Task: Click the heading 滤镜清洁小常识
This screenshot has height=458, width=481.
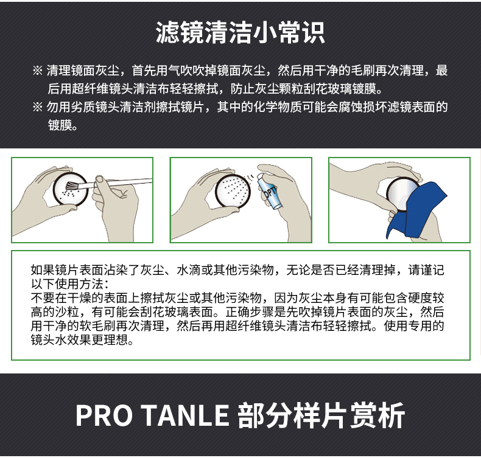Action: [x=240, y=32]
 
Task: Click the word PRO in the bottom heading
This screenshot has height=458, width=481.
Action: [x=104, y=415]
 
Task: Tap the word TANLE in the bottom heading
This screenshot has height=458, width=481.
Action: [x=186, y=415]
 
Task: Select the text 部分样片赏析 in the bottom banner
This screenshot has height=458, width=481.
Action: [x=321, y=415]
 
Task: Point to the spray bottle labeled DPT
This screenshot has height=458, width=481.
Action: [x=269, y=192]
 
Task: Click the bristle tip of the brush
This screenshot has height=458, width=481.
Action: [x=71, y=186]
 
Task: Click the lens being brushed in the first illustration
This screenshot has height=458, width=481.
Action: [x=71, y=190]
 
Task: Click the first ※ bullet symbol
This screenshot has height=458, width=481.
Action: [x=37, y=71]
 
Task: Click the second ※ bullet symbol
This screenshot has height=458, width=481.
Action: [x=37, y=107]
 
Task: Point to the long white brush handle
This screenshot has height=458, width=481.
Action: [x=123, y=182]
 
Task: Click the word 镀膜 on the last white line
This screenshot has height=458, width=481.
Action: [x=60, y=125]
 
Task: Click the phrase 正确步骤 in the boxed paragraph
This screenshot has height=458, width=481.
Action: [x=250, y=312]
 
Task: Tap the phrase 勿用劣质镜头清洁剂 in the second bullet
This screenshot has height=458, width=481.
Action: [x=101, y=107]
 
